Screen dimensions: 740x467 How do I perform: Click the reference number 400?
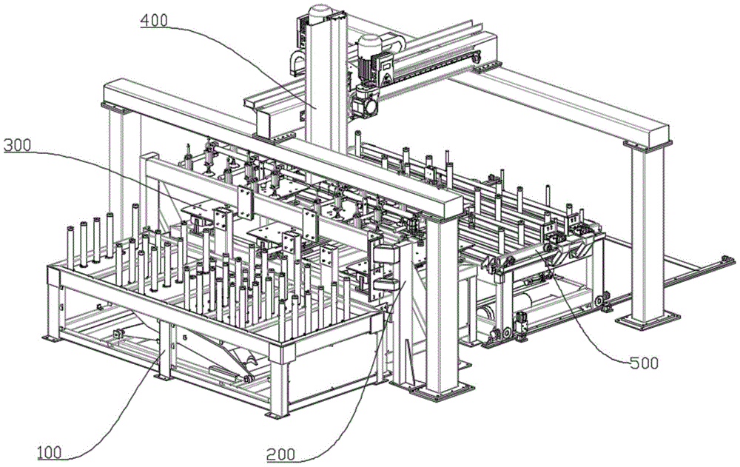(154, 21)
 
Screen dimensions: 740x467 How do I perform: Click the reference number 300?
(17, 146)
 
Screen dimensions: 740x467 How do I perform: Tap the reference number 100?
(50, 452)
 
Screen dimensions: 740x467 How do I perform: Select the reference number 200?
(280, 455)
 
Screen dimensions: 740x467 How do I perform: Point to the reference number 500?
(645, 363)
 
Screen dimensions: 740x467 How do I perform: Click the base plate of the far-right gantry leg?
(647, 323)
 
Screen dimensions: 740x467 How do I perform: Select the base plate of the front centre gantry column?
(441, 392)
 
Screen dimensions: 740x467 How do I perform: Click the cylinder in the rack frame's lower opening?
(224, 374)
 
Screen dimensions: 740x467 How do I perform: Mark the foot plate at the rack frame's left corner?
(52, 338)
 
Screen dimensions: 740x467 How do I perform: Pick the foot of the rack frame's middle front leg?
(164, 377)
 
